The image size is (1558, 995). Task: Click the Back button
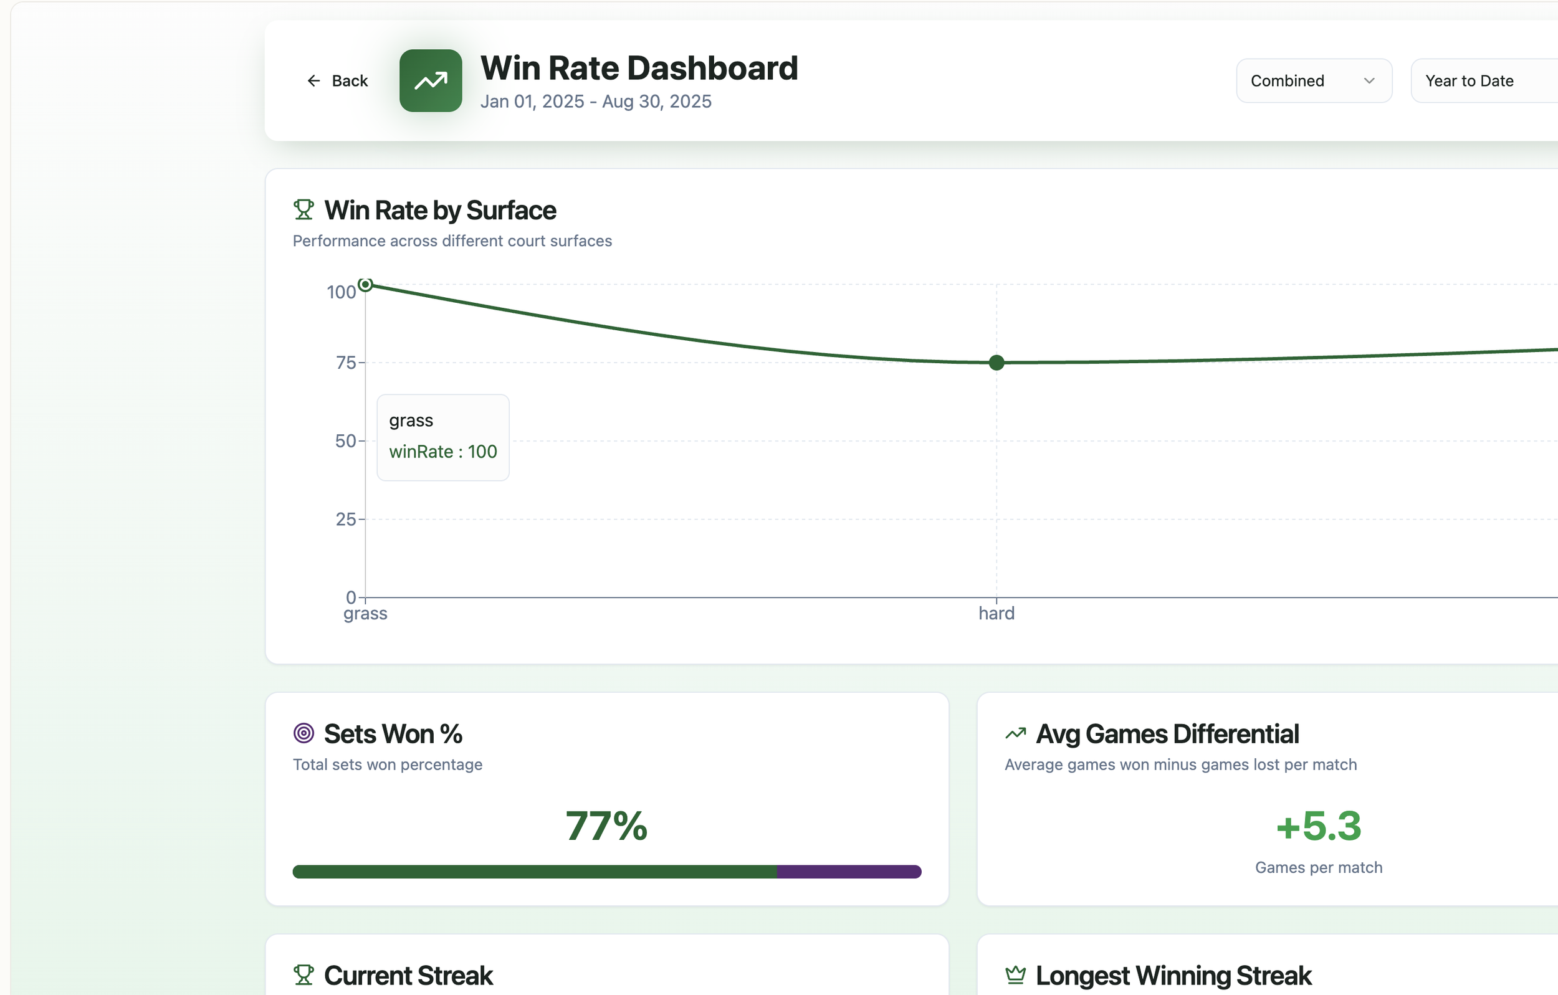coord(337,81)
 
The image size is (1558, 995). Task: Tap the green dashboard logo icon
coord(430,81)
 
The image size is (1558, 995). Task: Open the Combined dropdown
coord(1314,81)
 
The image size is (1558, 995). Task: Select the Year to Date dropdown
coord(1481,81)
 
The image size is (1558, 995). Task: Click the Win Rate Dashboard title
coord(639,68)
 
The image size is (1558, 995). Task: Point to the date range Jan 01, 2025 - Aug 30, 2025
coord(595,102)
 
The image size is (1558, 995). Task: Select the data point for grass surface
coord(366,285)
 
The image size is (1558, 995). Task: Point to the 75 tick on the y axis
coord(345,363)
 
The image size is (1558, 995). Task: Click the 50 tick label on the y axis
coord(345,441)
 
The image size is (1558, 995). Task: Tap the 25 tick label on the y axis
coord(345,520)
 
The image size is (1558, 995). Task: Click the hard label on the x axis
coord(996,613)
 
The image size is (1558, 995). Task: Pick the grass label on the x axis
coord(366,613)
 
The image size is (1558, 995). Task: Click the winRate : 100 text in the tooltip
coord(443,452)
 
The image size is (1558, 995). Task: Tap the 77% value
coord(606,826)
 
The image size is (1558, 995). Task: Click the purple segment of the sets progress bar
coord(849,872)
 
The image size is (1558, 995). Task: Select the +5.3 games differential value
coord(1319,826)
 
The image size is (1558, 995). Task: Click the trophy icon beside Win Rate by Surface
coord(303,209)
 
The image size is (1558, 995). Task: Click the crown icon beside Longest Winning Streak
coord(1015,975)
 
